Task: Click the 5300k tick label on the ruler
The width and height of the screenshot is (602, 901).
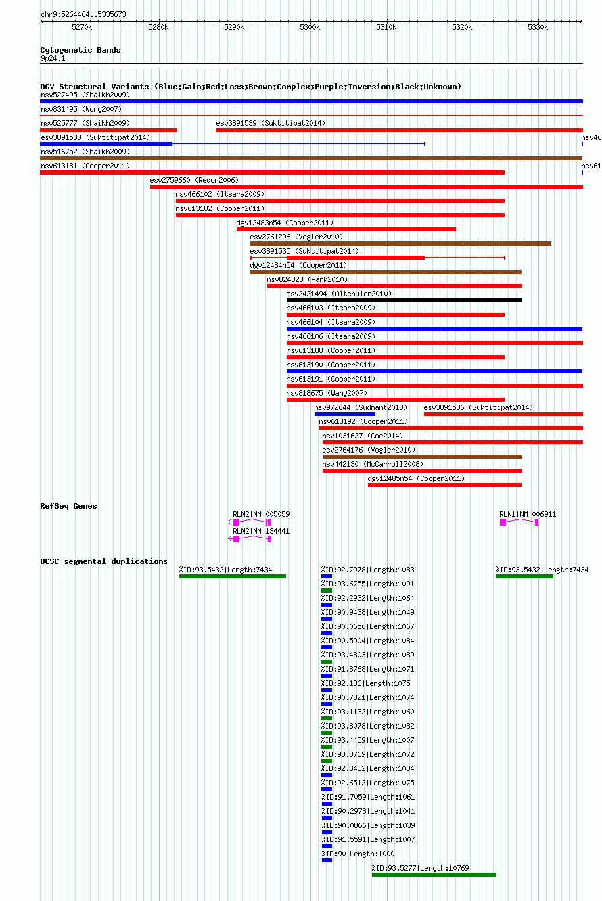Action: click(x=310, y=27)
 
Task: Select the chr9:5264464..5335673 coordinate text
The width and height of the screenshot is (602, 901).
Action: click(x=83, y=14)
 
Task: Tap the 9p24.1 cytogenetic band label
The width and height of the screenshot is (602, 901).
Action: click(x=53, y=58)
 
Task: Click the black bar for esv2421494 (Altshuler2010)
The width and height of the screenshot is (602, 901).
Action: click(x=404, y=300)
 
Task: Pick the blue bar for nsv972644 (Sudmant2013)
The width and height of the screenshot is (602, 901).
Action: click(x=345, y=414)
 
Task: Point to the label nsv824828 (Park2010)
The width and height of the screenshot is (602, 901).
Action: click(x=307, y=279)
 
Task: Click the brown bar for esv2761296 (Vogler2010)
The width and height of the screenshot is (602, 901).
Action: click(x=400, y=244)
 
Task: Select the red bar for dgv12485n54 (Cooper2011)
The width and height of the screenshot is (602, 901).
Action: click(x=444, y=485)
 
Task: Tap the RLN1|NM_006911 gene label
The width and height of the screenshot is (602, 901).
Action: click(x=528, y=515)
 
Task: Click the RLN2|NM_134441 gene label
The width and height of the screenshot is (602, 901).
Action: click(x=261, y=532)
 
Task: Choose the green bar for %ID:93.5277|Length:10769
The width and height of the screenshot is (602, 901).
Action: click(x=434, y=875)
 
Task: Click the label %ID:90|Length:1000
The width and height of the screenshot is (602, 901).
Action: click(x=358, y=854)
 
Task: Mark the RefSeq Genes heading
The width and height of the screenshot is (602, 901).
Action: click(x=68, y=506)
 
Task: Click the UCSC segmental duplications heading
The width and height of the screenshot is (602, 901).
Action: click(x=103, y=561)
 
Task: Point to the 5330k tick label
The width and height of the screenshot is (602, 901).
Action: click(x=538, y=27)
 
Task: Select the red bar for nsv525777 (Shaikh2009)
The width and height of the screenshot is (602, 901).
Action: click(x=108, y=130)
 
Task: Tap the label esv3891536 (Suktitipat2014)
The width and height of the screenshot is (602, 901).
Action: click(x=478, y=407)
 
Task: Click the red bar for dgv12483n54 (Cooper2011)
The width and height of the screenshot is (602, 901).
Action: click(x=346, y=230)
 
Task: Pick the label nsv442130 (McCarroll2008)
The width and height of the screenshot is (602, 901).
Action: click(x=373, y=464)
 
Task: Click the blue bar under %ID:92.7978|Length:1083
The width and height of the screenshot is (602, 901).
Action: click(x=327, y=576)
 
